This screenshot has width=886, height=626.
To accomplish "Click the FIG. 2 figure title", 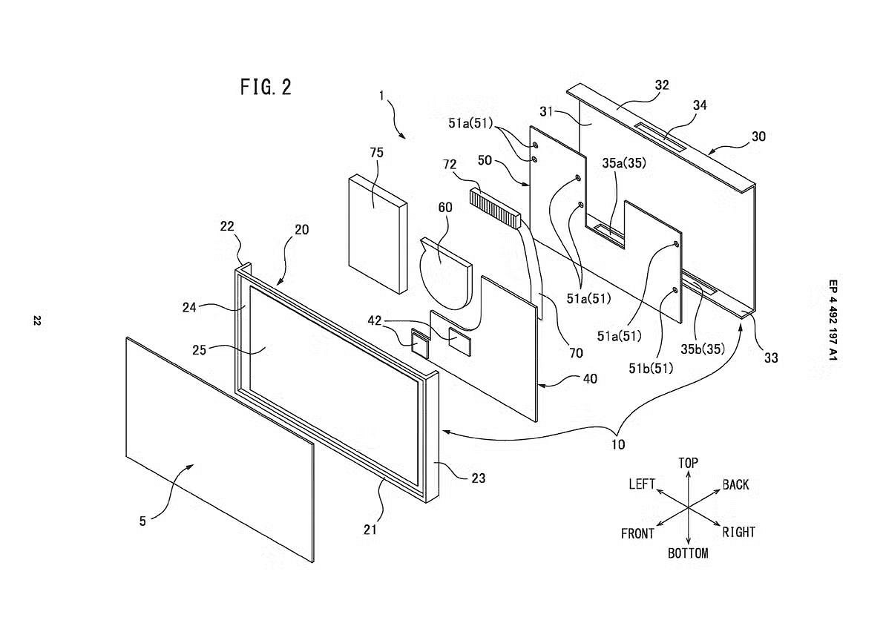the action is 266,87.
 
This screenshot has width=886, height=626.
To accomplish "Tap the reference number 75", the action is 376,153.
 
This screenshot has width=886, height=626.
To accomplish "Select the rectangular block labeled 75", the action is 378,234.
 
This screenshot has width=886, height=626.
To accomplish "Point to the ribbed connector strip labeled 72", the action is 494,208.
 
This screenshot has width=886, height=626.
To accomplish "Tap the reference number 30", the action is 758,136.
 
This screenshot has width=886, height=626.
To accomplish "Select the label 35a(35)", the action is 624,163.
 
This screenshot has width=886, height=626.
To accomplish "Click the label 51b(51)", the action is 651,369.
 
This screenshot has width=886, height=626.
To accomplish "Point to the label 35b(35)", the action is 703,349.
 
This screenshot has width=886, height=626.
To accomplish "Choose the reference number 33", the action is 771,358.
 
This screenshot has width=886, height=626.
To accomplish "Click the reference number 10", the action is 618,444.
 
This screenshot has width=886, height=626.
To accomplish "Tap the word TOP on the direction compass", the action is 688,464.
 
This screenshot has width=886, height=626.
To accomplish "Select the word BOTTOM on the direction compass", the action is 688,553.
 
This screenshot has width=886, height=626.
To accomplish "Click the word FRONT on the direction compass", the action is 637,534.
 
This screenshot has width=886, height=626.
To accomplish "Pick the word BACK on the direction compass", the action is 735,485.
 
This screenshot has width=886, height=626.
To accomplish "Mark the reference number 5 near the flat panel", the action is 143,521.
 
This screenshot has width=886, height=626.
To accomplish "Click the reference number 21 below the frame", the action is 370,530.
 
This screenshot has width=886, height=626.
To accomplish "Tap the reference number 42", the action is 375,321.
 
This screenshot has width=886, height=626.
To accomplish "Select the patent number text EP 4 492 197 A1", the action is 833,320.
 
